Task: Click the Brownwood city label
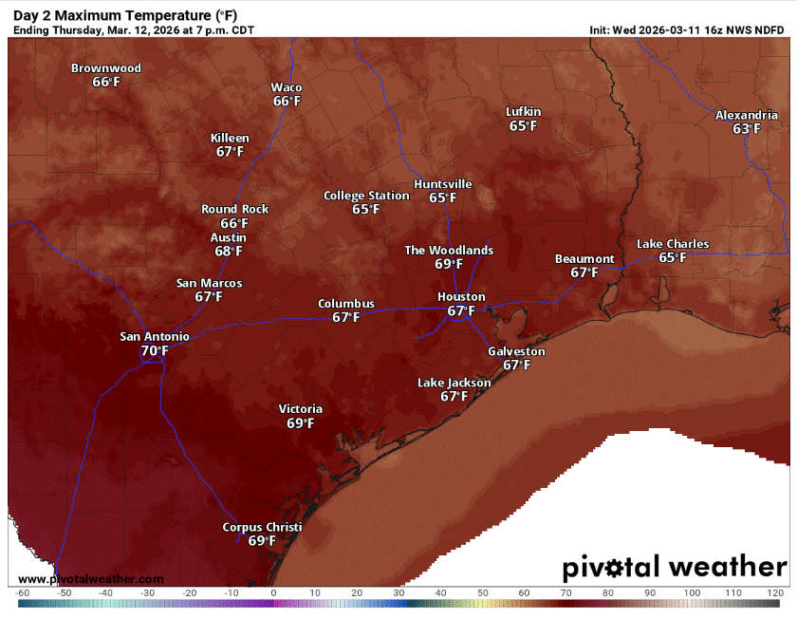[x=106, y=68]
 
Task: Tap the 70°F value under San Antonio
[x=155, y=351]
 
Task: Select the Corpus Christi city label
[x=262, y=527]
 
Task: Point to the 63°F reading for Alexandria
[x=747, y=129]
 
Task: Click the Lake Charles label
[x=673, y=244]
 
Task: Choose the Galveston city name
[x=516, y=351]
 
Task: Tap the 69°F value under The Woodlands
[x=449, y=265]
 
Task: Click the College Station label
[x=366, y=196]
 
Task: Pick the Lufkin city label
[x=523, y=112]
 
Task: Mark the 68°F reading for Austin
[x=229, y=252]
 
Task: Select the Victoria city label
[x=301, y=409]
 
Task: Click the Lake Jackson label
[x=454, y=383]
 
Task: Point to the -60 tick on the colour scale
[x=23, y=592]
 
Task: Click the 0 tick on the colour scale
[x=273, y=592]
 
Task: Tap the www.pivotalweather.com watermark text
[x=91, y=579]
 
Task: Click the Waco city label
[x=287, y=87]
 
